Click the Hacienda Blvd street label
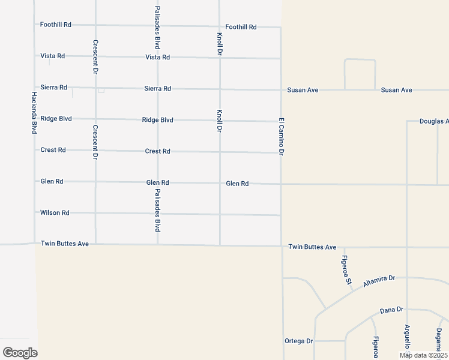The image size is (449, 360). pos(35,112)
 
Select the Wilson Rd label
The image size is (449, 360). pos(55,212)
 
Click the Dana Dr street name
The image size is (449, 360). pos(391,310)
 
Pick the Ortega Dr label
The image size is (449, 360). pos(298,341)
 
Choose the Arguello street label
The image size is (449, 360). pos(407,336)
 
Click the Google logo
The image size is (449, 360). pos(20,353)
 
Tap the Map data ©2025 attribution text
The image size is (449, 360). pos(424,355)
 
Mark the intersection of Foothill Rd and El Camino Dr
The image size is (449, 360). pos(280,27)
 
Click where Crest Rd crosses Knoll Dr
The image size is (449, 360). pos(220,152)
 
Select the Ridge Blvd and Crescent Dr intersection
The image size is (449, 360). pos(95,119)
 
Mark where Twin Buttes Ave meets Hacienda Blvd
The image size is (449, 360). pos(35,244)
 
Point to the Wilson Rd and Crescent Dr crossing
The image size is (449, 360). pos(95,212)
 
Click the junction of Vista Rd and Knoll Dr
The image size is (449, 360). pos(220,58)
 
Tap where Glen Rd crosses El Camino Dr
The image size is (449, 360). pos(281,184)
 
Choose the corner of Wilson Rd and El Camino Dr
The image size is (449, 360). pos(281,215)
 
